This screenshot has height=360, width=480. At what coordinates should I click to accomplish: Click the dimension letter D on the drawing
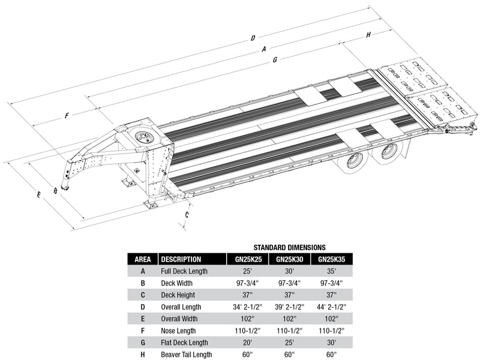(253, 38)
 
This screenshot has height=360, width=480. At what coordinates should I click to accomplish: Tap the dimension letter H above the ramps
(368, 35)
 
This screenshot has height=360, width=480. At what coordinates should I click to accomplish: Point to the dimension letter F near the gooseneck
(67, 116)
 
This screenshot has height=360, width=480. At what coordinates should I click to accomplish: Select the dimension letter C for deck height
(187, 215)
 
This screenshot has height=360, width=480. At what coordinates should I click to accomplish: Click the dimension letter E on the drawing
(38, 194)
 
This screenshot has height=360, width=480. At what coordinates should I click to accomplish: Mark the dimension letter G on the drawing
(275, 59)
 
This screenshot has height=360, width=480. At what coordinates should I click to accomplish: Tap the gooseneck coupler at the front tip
(65, 187)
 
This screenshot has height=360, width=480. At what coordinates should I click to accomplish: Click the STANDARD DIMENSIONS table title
(289, 247)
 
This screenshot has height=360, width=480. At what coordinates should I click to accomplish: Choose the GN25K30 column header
(290, 259)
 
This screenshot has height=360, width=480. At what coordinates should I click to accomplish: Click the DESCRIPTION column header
(181, 259)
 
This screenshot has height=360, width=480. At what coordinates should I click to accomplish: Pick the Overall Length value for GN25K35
(332, 307)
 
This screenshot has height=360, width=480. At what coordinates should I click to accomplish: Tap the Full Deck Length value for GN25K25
(248, 271)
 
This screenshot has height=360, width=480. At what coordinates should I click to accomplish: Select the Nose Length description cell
(178, 331)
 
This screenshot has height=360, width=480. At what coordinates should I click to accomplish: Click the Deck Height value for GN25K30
(289, 295)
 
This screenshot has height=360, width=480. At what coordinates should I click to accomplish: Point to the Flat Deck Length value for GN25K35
(332, 343)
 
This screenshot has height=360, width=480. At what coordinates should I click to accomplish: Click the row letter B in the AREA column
(143, 283)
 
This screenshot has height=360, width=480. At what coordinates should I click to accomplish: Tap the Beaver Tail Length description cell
(187, 355)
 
